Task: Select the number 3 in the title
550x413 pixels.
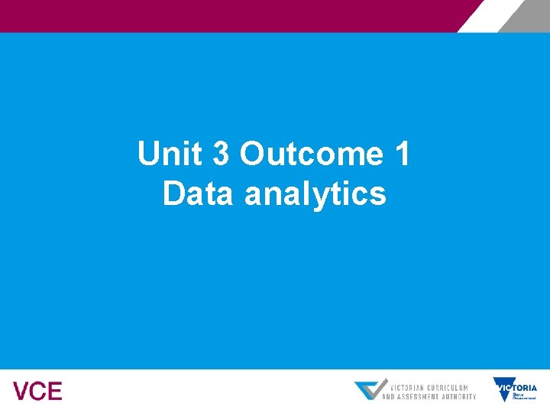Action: click(x=221, y=154)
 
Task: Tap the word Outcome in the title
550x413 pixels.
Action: click(x=311, y=154)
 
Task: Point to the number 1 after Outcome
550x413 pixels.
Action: click(x=402, y=154)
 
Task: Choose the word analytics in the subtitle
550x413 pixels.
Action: click(x=315, y=195)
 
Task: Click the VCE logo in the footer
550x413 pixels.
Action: click(x=37, y=392)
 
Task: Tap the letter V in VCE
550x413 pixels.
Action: click(x=21, y=392)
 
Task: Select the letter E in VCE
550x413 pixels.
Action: click(x=54, y=392)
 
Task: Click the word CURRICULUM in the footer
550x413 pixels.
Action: click(x=448, y=387)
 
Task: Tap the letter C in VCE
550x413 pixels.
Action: click(x=37, y=392)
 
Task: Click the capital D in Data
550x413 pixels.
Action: click(x=173, y=193)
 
